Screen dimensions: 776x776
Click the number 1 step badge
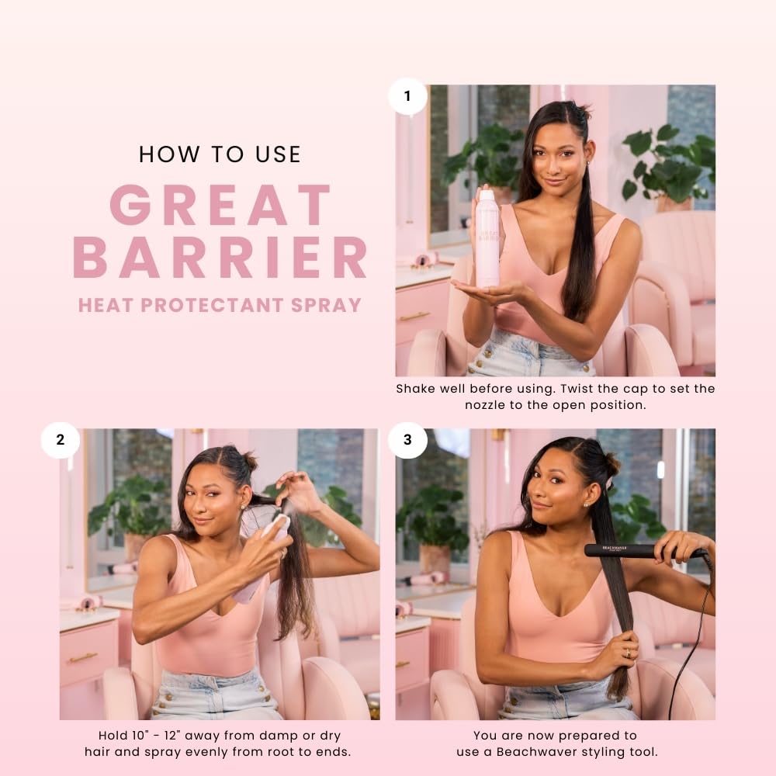(x=407, y=96)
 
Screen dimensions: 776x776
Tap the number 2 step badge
(x=61, y=439)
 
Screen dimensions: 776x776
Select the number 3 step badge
(x=407, y=439)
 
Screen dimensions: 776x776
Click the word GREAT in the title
(x=220, y=205)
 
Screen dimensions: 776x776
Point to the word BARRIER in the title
(x=220, y=257)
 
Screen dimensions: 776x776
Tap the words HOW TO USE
(x=220, y=154)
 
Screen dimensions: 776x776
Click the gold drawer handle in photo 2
(x=83, y=658)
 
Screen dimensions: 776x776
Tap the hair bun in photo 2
(x=249, y=461)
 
